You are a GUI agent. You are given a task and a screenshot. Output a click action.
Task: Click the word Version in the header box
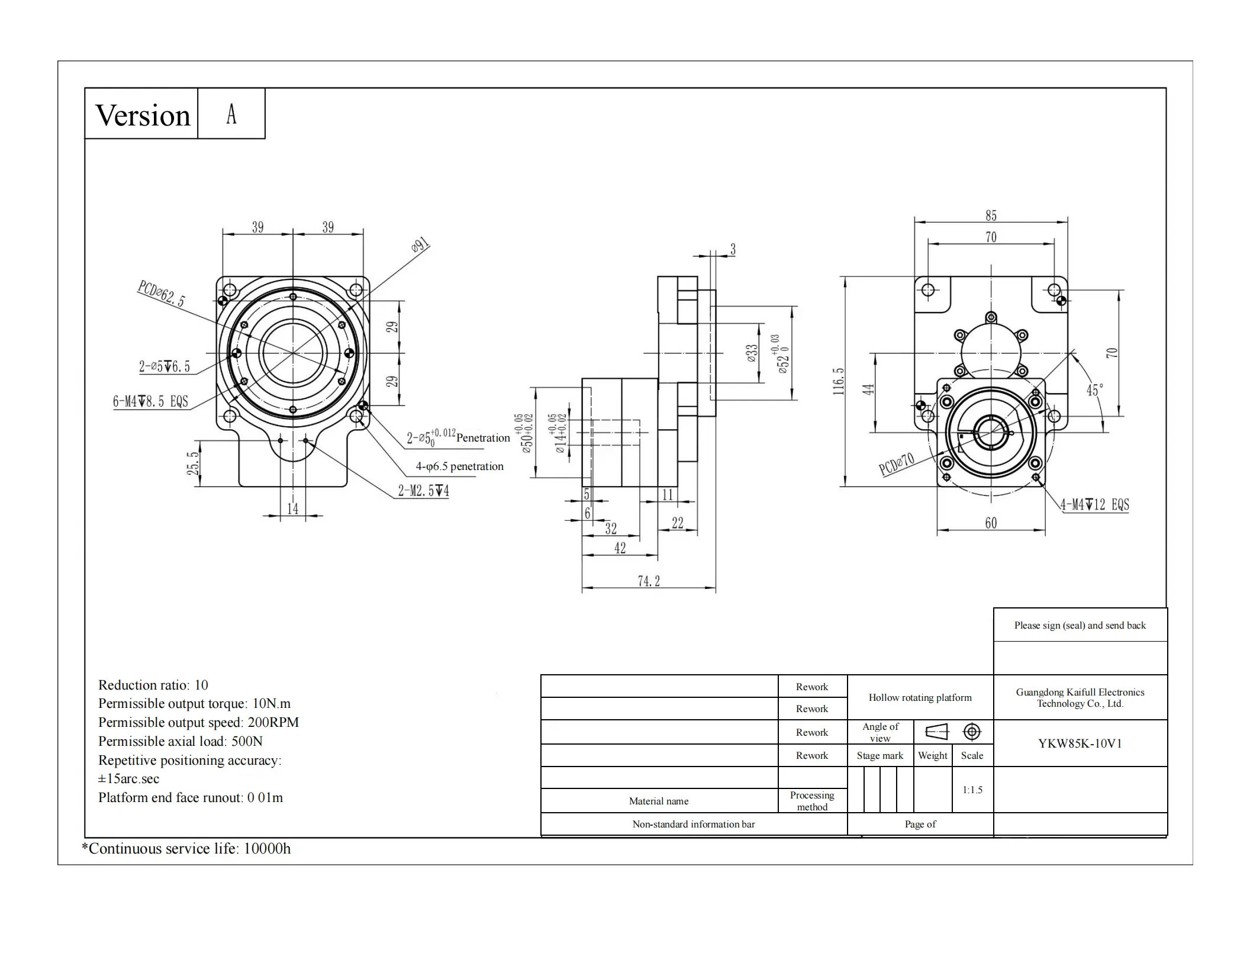(143, 115)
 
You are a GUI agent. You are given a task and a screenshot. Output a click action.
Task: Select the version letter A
(231, 114)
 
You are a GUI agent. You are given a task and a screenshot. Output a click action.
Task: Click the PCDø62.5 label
(161, 294)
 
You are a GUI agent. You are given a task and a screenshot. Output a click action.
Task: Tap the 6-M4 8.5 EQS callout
(150, 401)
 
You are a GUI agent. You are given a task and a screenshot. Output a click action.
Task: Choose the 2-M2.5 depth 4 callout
(423, 491)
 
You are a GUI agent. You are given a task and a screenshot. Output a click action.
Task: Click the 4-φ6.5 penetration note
(459, 466)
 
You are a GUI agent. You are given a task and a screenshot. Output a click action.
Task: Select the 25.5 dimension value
(193, 463)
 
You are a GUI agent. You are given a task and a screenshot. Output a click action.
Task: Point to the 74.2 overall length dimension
(649, 581)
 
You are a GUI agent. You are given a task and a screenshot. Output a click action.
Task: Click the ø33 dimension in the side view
(752, 353)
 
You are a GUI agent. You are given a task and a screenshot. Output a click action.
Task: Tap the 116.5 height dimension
(838, 381)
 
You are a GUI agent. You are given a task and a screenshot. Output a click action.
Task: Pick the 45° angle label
(1094, 390)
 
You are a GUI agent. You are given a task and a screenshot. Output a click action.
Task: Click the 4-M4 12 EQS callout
(1094, 505)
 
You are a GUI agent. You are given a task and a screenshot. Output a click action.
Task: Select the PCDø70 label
(897, 464)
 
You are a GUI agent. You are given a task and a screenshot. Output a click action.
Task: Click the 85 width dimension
(991, 215)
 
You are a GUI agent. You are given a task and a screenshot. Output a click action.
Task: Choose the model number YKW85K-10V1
(1080, 743)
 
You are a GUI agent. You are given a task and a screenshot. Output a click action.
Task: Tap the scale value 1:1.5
(972, 790)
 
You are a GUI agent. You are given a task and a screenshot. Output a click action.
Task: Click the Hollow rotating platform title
(920, 697)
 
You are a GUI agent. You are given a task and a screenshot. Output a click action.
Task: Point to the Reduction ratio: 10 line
(153, 685)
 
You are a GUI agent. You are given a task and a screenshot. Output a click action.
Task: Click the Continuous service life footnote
(186, 848)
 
